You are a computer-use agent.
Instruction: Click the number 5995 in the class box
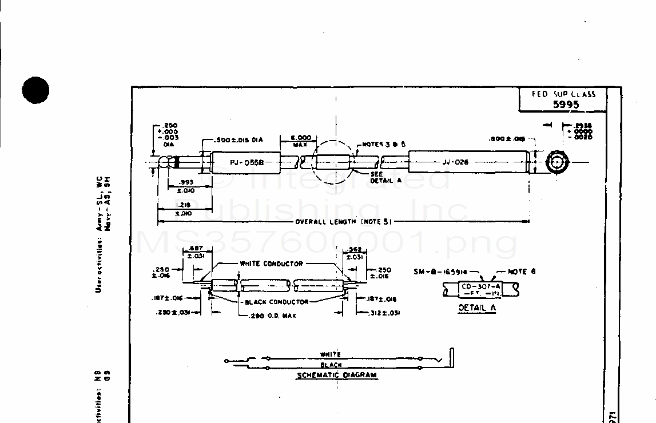[566, 104]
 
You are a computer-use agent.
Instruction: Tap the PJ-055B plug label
[247, 162]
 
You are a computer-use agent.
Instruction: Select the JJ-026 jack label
[455, 162]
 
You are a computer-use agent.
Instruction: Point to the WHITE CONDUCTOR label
[271, 264]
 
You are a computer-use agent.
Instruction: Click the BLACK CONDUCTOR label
[277, 301]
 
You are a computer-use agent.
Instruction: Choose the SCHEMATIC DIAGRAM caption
[337, 376]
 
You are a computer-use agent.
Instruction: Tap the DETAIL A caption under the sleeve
[476, 308]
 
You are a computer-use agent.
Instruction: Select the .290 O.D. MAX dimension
[273, 316]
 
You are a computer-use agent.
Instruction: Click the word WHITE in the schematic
[331, 354]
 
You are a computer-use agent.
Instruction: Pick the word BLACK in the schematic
[331, 365]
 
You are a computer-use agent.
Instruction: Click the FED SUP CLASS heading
[563, 94]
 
